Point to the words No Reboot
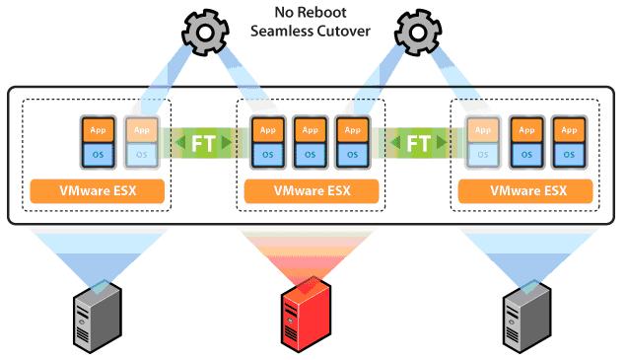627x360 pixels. [314, 14]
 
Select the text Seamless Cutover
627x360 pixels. [314, 31]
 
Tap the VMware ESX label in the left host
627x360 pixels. [98, 189]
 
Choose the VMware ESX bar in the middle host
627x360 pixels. [313, 189]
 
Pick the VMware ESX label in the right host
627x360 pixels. [526, 189]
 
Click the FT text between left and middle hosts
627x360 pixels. [203, 143]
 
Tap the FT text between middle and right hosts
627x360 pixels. [419, 143]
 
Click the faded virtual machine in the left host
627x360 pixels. [139, 141]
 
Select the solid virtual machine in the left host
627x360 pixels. [98, 141]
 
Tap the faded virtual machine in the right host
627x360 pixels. [482, 141]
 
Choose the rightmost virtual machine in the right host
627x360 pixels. [567, 141]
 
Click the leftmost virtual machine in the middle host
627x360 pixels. [265, 141]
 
